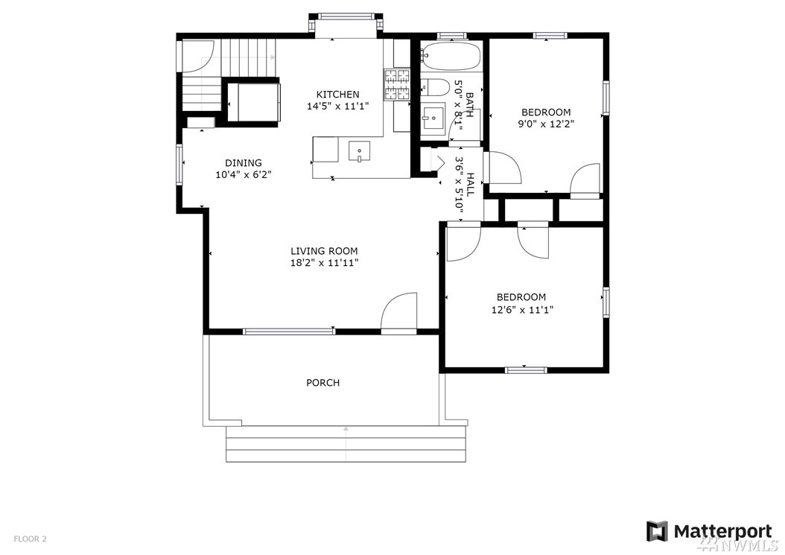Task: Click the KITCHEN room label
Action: (x=337, y=94)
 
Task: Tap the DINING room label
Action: (x=244, y=163)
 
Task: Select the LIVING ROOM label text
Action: (x=325, y=251)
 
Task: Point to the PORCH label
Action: (x=323, y=383)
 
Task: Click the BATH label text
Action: (x=470, y=105)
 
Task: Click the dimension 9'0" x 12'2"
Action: (x=546, y=124)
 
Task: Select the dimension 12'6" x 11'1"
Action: (x=522, y=310)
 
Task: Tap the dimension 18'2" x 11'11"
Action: (x=325, y=264)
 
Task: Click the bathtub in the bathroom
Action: (x=451, y=56)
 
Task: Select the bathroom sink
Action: (x=433, y=117)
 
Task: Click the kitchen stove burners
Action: (x=397, y=83)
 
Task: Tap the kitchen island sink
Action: (x=360, y=151)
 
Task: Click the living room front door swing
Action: (x=399, y=314)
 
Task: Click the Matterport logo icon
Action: (x=657, y=531)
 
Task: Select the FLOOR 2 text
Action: (x=30, y=539)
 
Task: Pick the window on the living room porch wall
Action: (x=289, y=331)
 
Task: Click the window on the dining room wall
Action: (x=179, y=165)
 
